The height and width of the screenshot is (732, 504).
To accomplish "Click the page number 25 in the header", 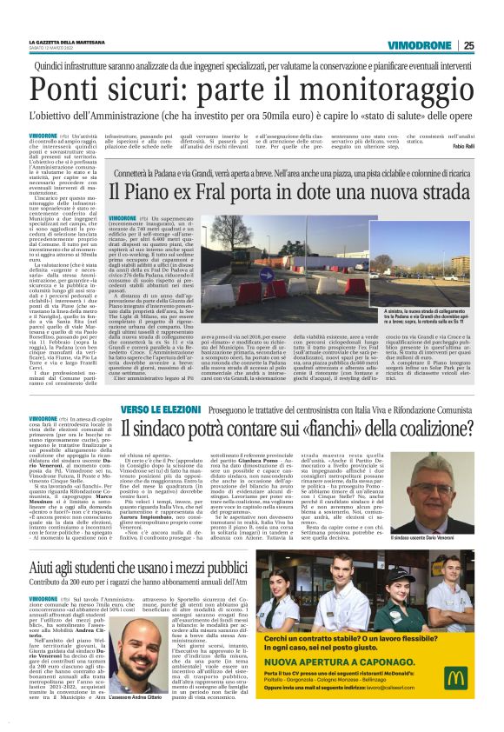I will pyautogui.click(x=493, y=46).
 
